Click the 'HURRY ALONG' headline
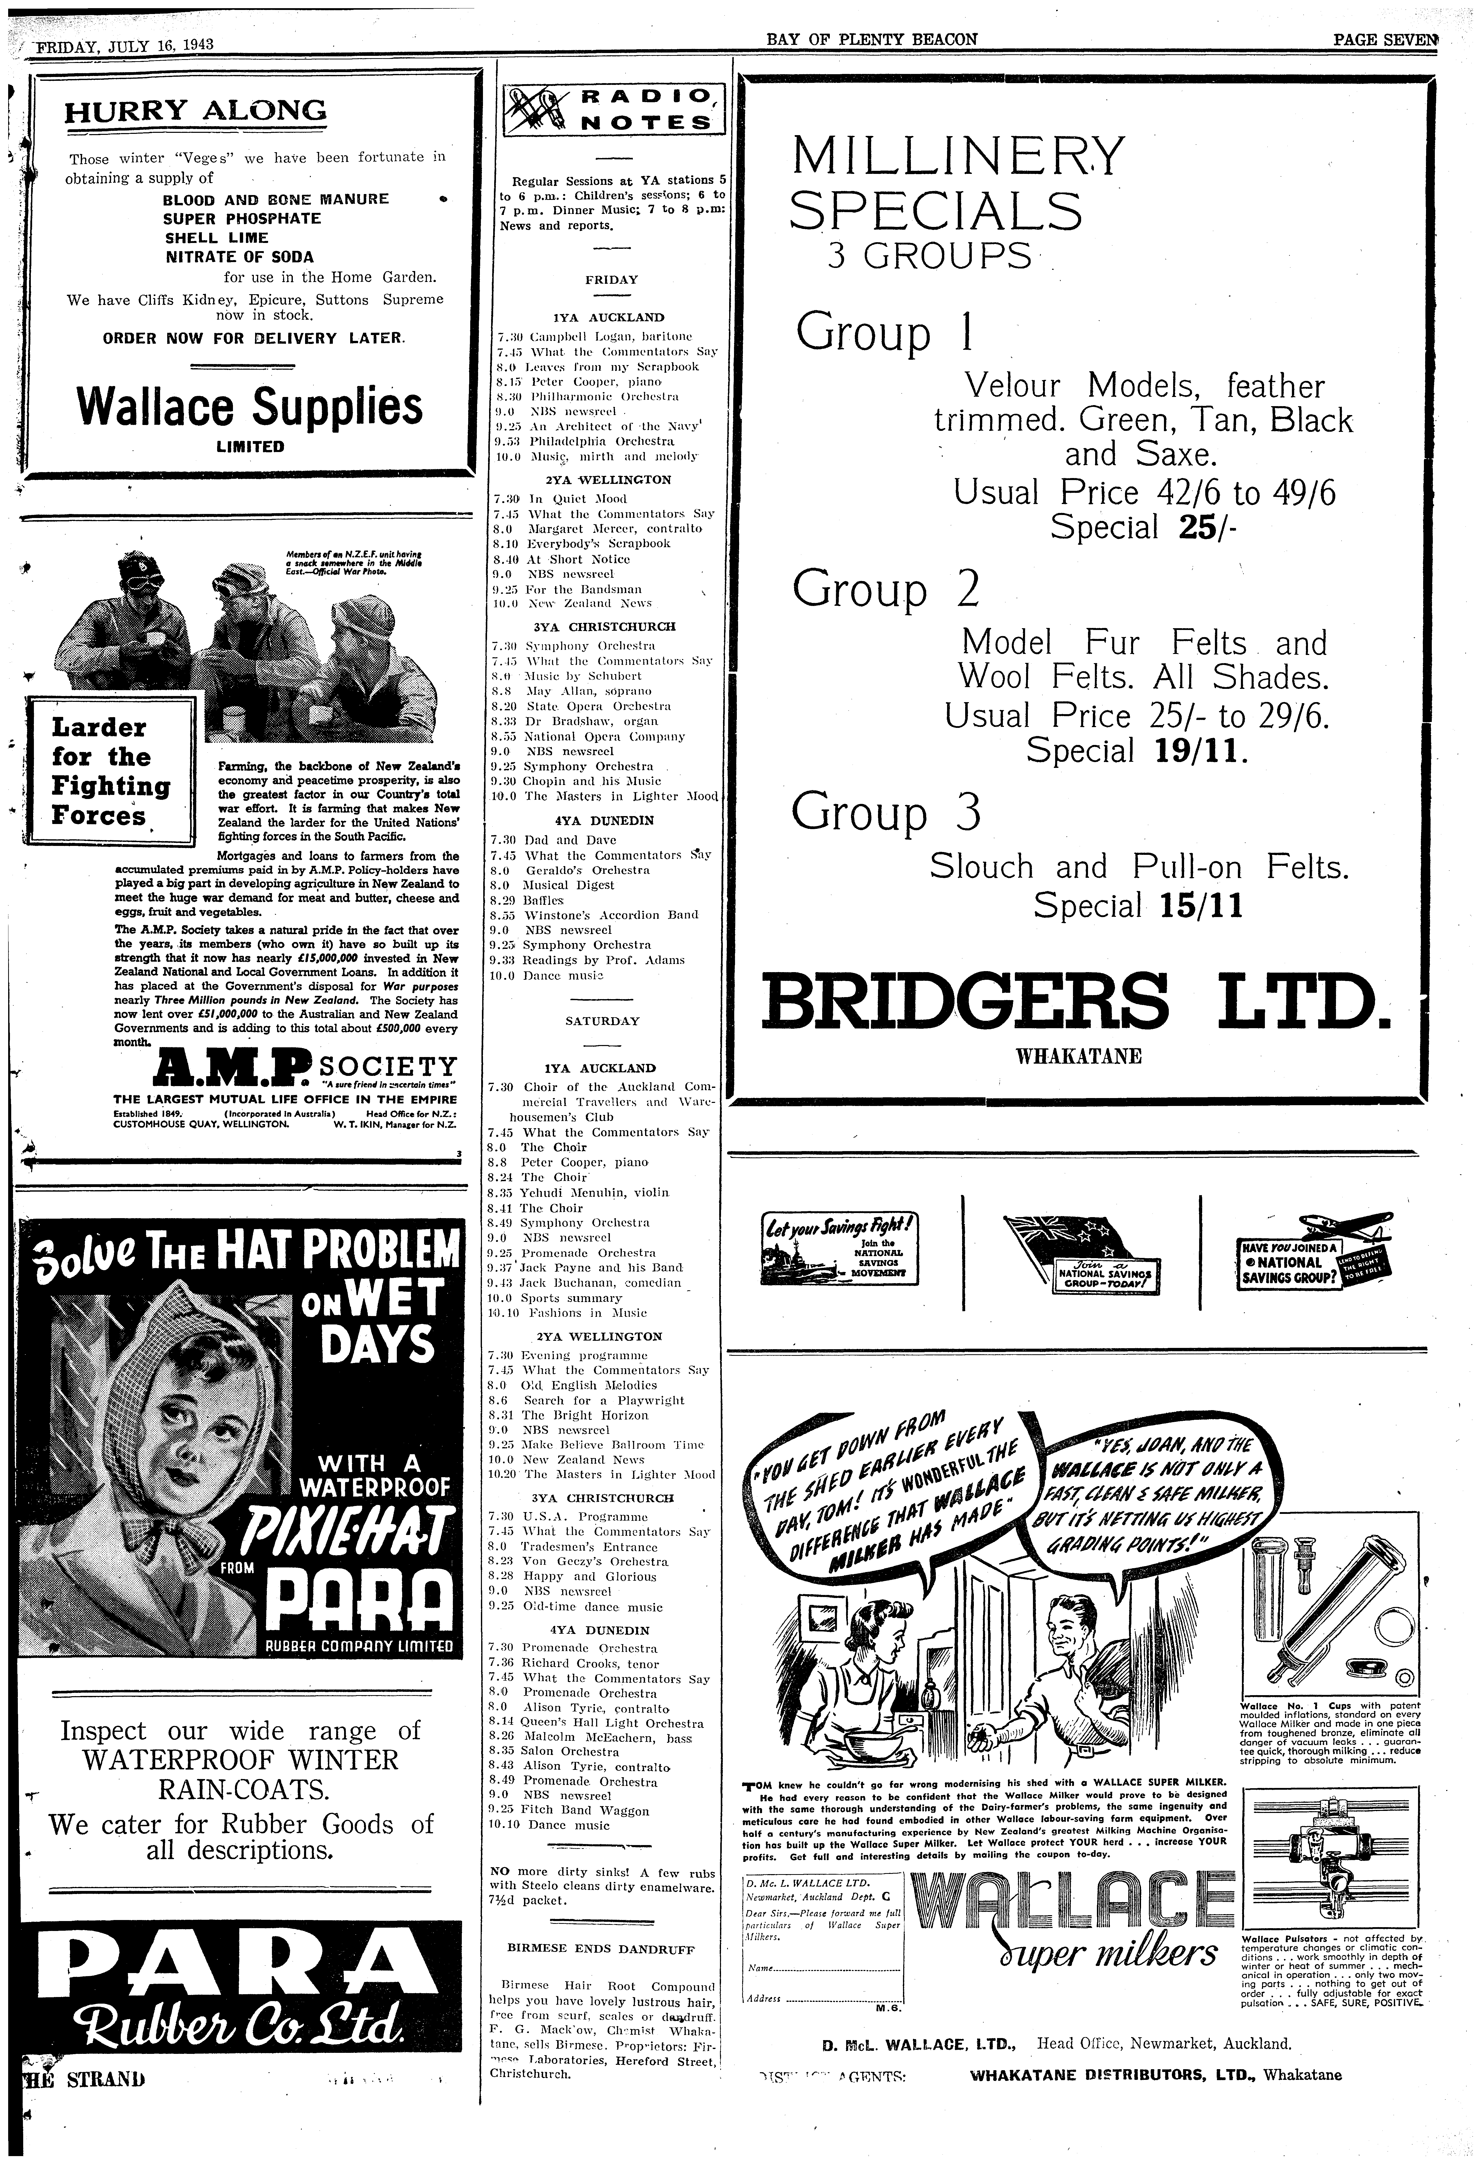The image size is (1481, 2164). [195, 112]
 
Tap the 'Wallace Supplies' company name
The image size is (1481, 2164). [250, 406]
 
